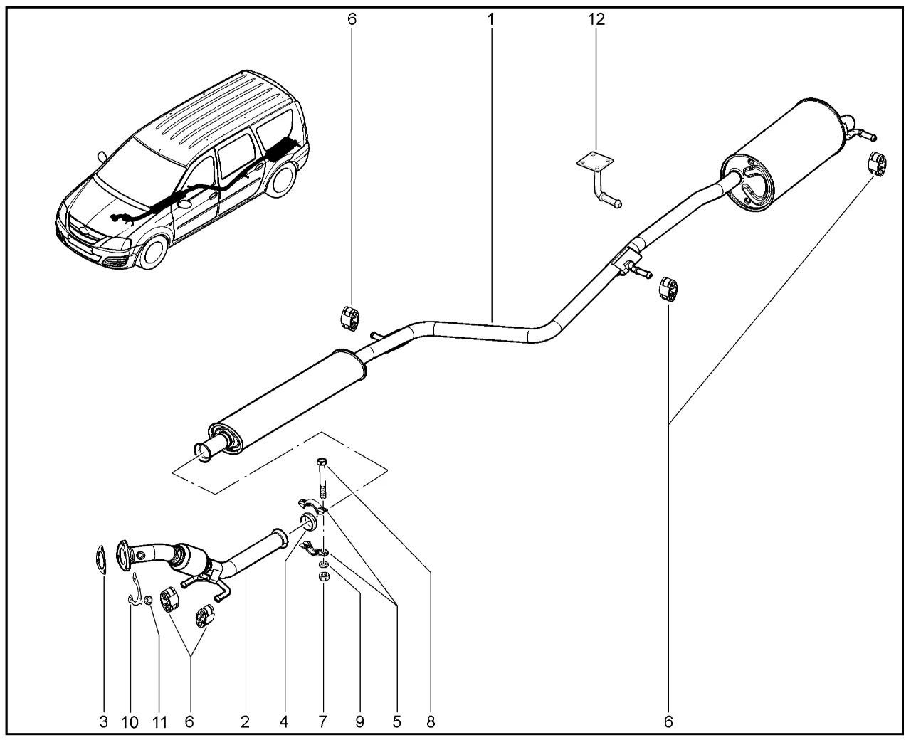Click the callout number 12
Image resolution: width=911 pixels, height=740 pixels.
[596, 19]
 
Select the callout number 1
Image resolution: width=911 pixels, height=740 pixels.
[491, 19]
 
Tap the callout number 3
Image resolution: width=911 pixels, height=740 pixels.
[104, 721]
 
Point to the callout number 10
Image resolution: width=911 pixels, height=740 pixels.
[130, 721]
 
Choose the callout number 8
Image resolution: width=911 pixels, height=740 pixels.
[430, 721]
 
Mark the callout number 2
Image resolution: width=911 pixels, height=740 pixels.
[245, 721]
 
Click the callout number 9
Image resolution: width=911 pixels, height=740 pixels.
[359, 721]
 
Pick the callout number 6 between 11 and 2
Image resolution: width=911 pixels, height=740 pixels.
[189, 721]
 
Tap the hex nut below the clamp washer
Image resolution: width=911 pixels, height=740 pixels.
[322, 577]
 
